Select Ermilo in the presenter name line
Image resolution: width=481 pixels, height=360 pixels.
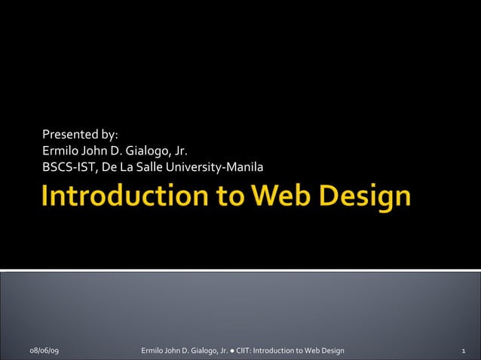pyautogui.click(x=60, y=151)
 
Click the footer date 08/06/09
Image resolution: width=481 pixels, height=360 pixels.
pyautogui.click(x=46, y=351)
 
